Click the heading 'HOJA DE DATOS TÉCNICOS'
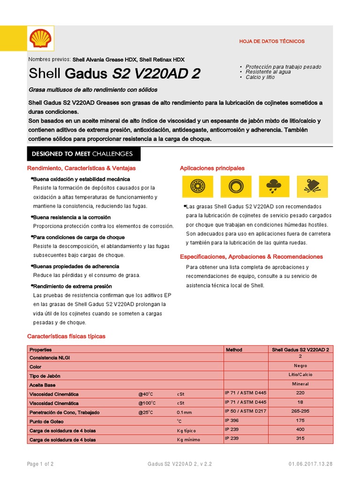tap(272, 41)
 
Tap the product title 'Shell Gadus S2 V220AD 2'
tap(115, 74)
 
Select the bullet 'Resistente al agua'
tap(268, 72)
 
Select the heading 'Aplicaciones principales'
tap(212, 168)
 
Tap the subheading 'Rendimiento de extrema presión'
tap(72, 286)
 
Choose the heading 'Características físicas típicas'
tap(66, 336)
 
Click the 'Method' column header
tap(234, 350)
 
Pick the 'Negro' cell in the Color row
tap(300, 366)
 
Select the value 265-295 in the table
tap(300, 411)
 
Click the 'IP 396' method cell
tap(232, 420)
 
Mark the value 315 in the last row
tap(300, 439)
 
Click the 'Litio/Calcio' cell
tap(300, 375)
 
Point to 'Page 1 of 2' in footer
tap(40, 464)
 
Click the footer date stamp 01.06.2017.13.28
tap(310, 464)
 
